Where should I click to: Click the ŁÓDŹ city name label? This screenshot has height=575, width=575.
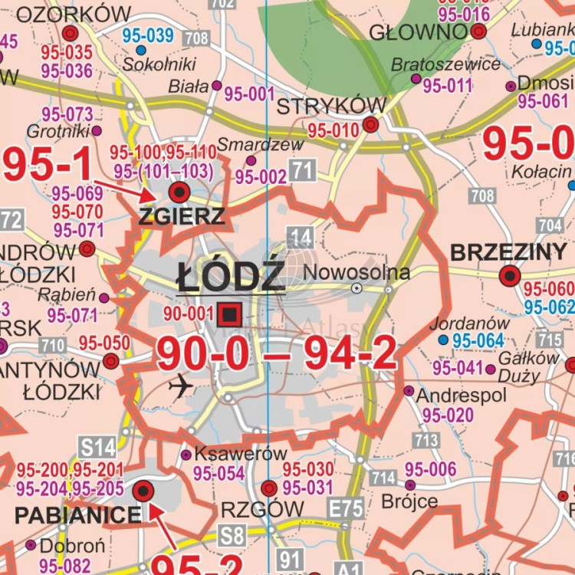[x=230, y=276]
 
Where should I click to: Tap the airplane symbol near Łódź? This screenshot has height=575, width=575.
[x=181, y=387]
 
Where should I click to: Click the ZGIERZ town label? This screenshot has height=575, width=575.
[x=182, y=217]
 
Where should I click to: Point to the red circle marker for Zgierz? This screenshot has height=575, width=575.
[x=179, y=192]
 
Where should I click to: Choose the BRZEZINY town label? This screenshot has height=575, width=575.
[x=508, y=252]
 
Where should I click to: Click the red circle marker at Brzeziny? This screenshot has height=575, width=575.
[x=510, y=276]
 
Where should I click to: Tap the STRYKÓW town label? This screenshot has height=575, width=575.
[x=330, y=106]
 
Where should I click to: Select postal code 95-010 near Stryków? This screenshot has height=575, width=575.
[x=333, y=131]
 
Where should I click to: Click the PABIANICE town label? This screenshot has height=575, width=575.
[x=77, y=514]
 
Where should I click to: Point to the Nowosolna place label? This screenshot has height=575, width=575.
[x=356, y=272]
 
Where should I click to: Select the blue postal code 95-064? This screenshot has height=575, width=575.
[x=478, y=340]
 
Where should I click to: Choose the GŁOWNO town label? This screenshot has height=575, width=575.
[x=418, y=31]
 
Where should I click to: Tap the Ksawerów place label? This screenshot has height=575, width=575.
[x=241, y=454]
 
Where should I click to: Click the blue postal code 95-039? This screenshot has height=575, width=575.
[x=148, y=35]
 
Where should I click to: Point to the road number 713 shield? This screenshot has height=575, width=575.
[x=426, y=440]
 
